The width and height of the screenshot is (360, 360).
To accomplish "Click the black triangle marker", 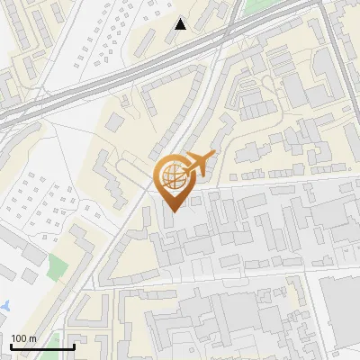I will tap(181, 24).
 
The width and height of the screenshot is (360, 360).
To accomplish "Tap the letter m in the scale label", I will tap(33, 338).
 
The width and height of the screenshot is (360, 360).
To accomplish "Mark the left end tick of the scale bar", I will tap(13, 346).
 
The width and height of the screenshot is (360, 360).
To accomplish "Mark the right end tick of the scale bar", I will tap(74, 346).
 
